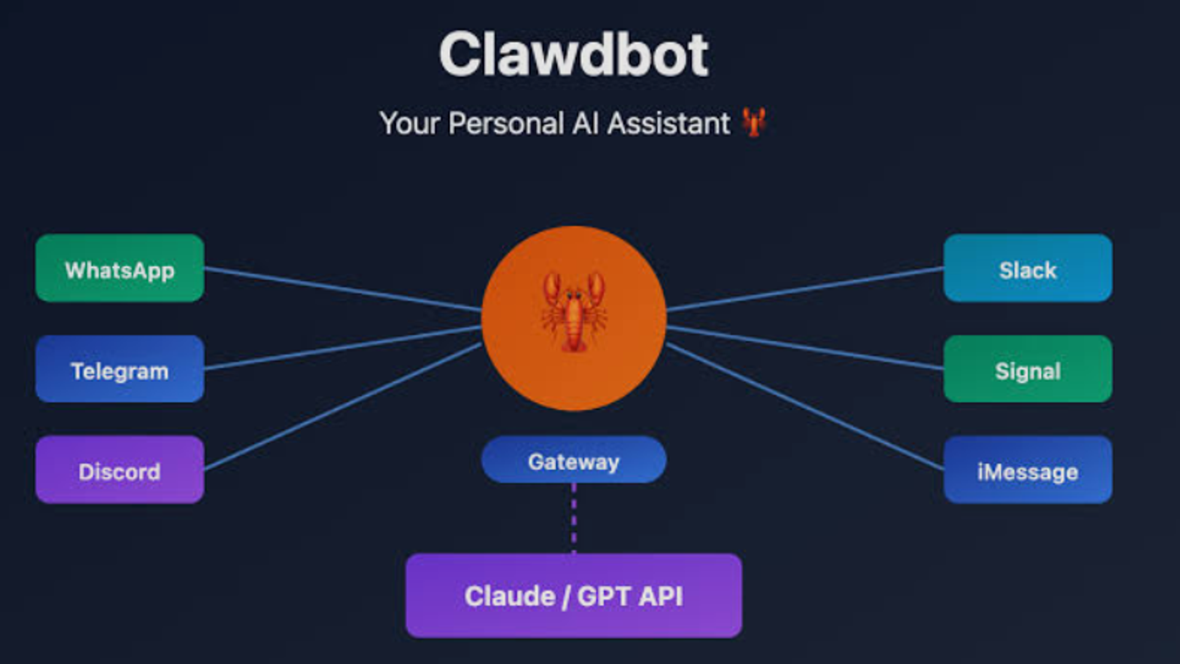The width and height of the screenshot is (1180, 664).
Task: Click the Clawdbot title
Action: click(x=574, y=55)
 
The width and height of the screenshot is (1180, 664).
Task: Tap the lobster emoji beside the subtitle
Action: click(x=754, y=122)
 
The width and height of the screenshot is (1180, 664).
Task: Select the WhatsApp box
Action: click(x=120, y=268)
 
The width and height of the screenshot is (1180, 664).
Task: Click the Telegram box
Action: click(x=120, y=369)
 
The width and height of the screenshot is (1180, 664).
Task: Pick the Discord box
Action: click(x=120, y=470)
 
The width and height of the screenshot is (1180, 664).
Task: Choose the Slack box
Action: click(x=1028, y=268)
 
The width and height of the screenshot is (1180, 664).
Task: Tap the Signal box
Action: click(x=1028, y=369)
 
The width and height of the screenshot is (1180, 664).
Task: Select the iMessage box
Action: click(x=1028, y=470)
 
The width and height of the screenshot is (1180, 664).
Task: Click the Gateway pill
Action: click(x=573, y=460)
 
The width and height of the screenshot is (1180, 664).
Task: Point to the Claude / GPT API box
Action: click(x=573, y=595)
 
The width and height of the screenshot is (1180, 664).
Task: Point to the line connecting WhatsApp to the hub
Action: click(x=342, y=289)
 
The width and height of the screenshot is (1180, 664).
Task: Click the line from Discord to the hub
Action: click(x=342, y=407)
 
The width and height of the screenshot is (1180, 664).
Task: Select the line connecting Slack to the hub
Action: click(x=805, y=289)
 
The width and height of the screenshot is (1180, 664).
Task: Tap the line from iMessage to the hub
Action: click(x=805, y=407)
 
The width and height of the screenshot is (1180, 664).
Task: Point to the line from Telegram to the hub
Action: click(x=342, y=348)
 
